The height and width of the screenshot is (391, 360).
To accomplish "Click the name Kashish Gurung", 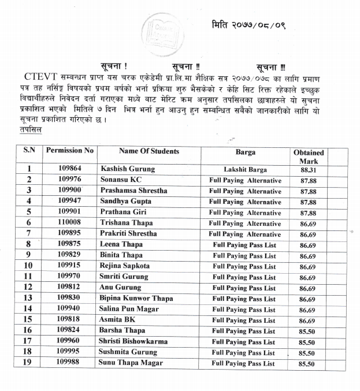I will (x=128, y=169).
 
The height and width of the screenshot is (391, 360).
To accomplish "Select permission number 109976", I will (x=70, y=180).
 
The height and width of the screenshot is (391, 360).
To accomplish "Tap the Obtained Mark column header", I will (x=308, y=157).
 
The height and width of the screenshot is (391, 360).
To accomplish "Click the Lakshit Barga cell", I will (x=245, y=169).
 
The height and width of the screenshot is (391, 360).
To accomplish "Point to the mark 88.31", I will (x=308, y=170).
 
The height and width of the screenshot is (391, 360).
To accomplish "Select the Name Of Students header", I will (x=149, y=151).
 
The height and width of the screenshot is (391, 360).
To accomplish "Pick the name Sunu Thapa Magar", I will (x=131, y=363).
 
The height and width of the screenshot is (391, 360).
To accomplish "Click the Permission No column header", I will (x=70, y=151).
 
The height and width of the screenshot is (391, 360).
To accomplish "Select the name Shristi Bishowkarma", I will (x=134, y=341).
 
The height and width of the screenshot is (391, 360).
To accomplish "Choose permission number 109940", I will (x=70, y=309).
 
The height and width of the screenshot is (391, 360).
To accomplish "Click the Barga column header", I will (x=245, y=152).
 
